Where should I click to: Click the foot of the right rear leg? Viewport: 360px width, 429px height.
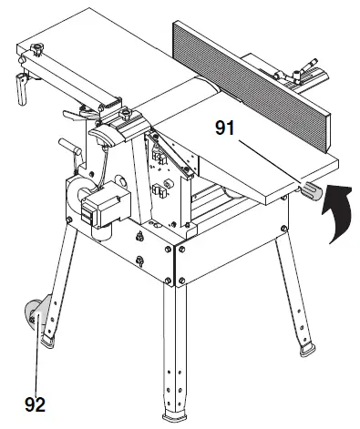click(x=306, y=349)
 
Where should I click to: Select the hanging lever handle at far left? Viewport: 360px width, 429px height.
click(x=19, y=87)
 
